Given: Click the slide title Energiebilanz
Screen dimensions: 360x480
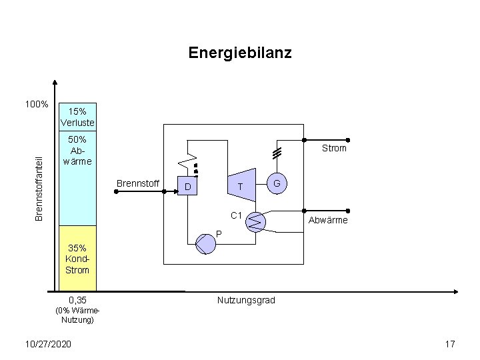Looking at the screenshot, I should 239,52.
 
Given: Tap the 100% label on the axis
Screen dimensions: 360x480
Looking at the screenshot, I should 36,105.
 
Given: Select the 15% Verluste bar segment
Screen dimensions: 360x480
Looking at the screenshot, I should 77,117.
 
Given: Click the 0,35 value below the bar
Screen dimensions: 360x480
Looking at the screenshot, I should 77,301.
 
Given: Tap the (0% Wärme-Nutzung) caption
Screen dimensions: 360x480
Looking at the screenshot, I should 77,315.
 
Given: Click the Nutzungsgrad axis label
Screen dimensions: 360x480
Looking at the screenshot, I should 246,301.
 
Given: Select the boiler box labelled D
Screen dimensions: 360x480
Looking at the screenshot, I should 190,187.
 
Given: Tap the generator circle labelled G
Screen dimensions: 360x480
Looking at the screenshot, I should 277,183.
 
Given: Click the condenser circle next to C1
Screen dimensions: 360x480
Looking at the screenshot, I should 256,221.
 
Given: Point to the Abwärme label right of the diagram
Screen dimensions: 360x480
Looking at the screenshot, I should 327,221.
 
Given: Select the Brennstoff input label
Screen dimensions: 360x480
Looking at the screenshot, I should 137,183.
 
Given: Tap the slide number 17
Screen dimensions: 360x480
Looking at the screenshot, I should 449,343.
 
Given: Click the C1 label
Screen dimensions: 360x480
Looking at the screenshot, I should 235,215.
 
